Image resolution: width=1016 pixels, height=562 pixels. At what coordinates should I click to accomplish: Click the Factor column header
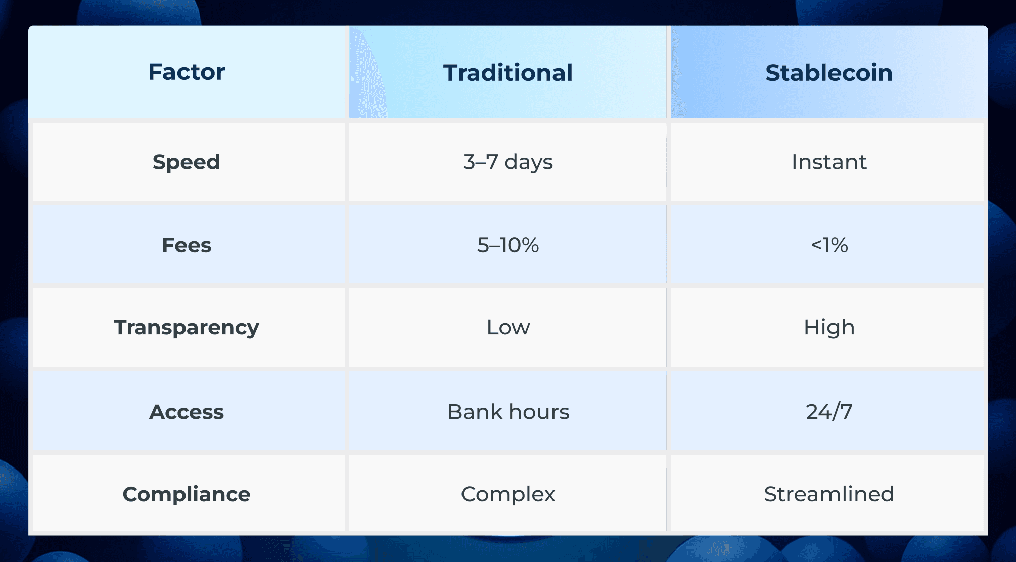pyautogui.click(x=187, y=72)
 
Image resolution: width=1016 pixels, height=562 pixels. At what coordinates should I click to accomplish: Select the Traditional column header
pyautogui.click(x=508, y=73)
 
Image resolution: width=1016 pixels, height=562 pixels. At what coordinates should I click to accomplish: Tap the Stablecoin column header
pyautogui.click(x=829, y=73)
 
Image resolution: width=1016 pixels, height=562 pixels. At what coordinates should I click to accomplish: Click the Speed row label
pyautogui.click(x=187, y=162)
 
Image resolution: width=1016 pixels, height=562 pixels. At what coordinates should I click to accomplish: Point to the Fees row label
pyautogui.click(x=187, y=245)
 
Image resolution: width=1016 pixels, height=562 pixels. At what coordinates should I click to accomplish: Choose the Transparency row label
pyautogui.click(x=187, y=327)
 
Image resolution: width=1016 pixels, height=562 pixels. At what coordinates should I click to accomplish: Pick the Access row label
pyautogui.click(x=187, y=412)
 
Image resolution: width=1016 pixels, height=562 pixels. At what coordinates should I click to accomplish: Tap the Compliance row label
pyautogui.click(x=187, y=494)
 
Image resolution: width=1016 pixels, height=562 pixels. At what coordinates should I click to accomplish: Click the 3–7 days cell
pyautogui.click(x=508, y=162)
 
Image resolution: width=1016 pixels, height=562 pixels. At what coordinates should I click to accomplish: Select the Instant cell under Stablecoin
pyautogui.click(x=829, y=162)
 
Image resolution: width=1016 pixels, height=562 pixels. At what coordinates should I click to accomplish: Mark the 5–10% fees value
pyautogui.click(x=508, y=245)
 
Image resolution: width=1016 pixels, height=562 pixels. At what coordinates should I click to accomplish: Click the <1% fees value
pyautogui.click(x=829, y=245)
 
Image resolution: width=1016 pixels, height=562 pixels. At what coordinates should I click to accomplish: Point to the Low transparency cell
pyautogui.click(x=508, y=327)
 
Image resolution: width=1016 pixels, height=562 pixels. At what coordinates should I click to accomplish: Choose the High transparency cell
pyautogui.click(x=829, y=327)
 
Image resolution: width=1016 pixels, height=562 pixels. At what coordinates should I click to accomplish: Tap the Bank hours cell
pyautogui.click(x=508, y=412)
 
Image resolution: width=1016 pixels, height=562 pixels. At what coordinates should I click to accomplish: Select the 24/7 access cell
pyautogui.click(x=829, y=412)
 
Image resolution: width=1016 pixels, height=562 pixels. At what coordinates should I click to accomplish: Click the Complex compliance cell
pyautogui.click(x=508, y=494)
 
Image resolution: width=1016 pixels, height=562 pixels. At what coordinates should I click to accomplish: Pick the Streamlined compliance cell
pyautogui.click(x=829, y=494)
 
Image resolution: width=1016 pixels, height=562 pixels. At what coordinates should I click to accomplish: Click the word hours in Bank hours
pyautogui.click(x=539, y=412)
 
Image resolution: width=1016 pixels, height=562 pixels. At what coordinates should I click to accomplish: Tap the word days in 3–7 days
pyautogui.click(x=529, y=162)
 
